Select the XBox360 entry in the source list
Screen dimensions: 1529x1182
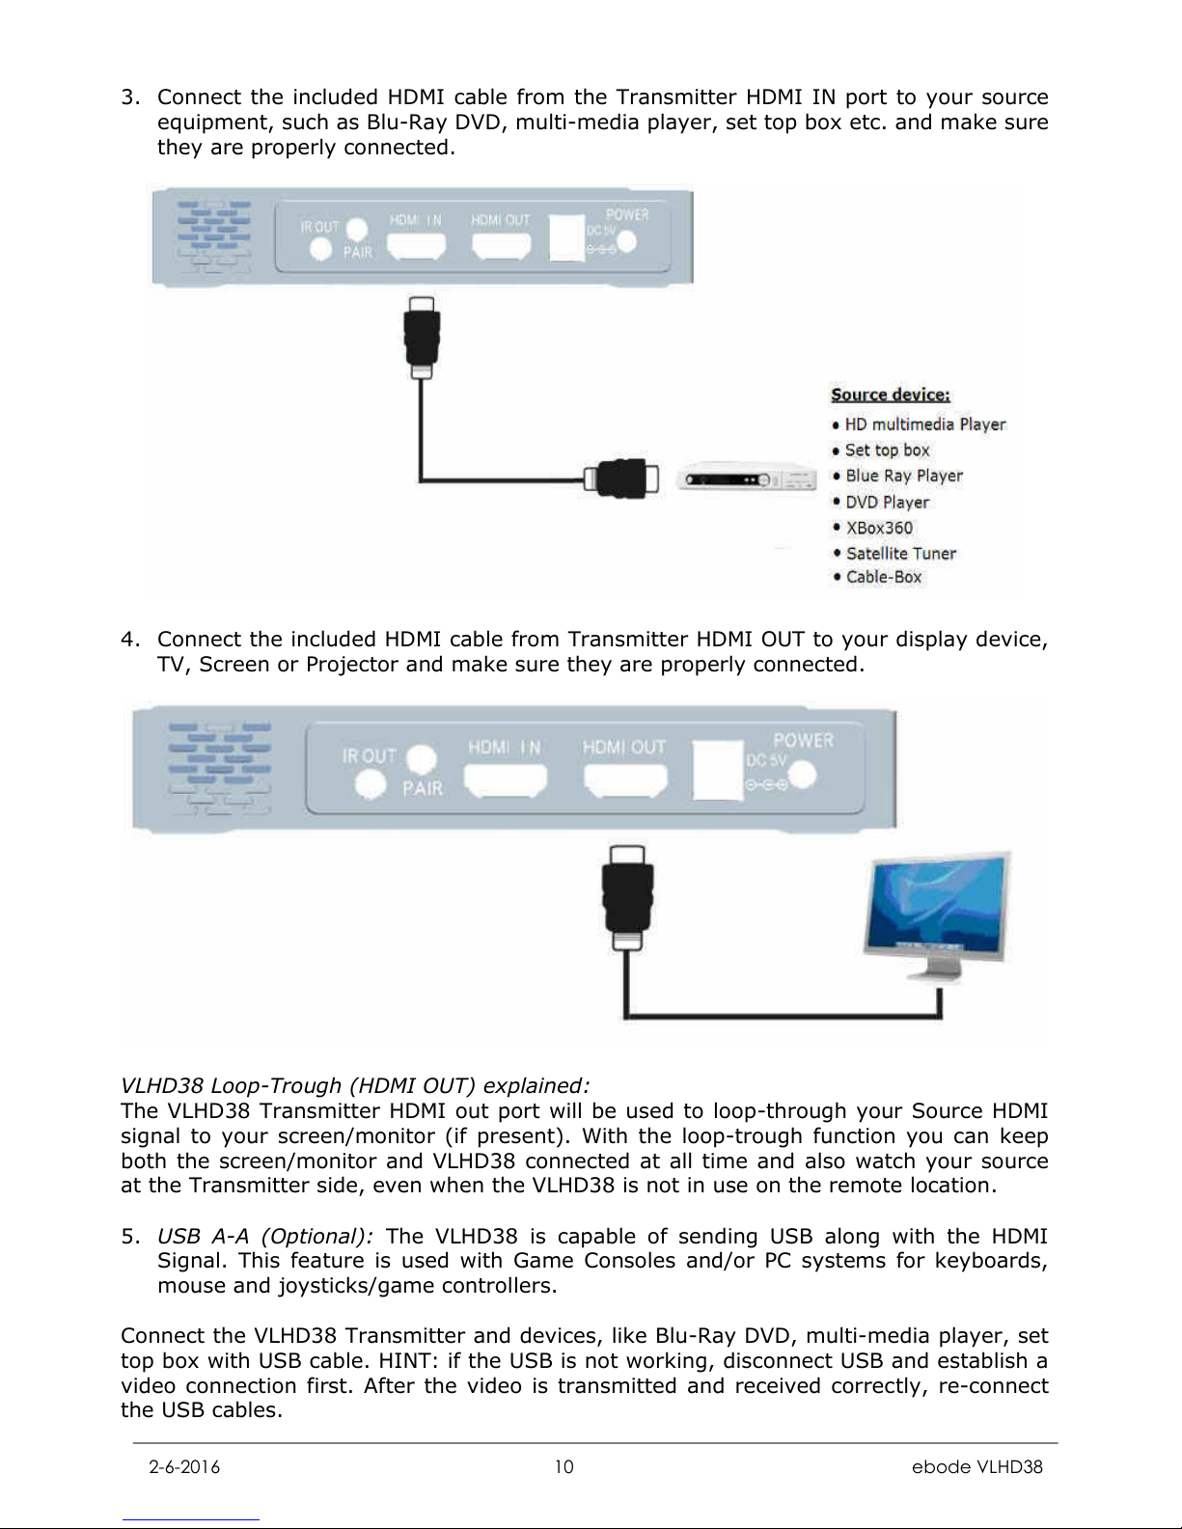point(878,528)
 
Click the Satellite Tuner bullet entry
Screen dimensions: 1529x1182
point(900,554)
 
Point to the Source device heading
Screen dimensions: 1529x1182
point(891,395)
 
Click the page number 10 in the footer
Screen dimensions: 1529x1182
point(564,1467)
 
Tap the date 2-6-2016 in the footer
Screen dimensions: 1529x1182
point(184,1467)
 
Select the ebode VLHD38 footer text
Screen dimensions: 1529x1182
point(977,1467)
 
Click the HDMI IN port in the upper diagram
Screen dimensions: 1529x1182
point(417,247)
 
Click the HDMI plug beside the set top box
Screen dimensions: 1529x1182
point(620,478)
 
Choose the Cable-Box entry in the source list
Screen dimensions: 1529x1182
point(883,577)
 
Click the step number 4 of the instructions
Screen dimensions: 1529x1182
point(126,640)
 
